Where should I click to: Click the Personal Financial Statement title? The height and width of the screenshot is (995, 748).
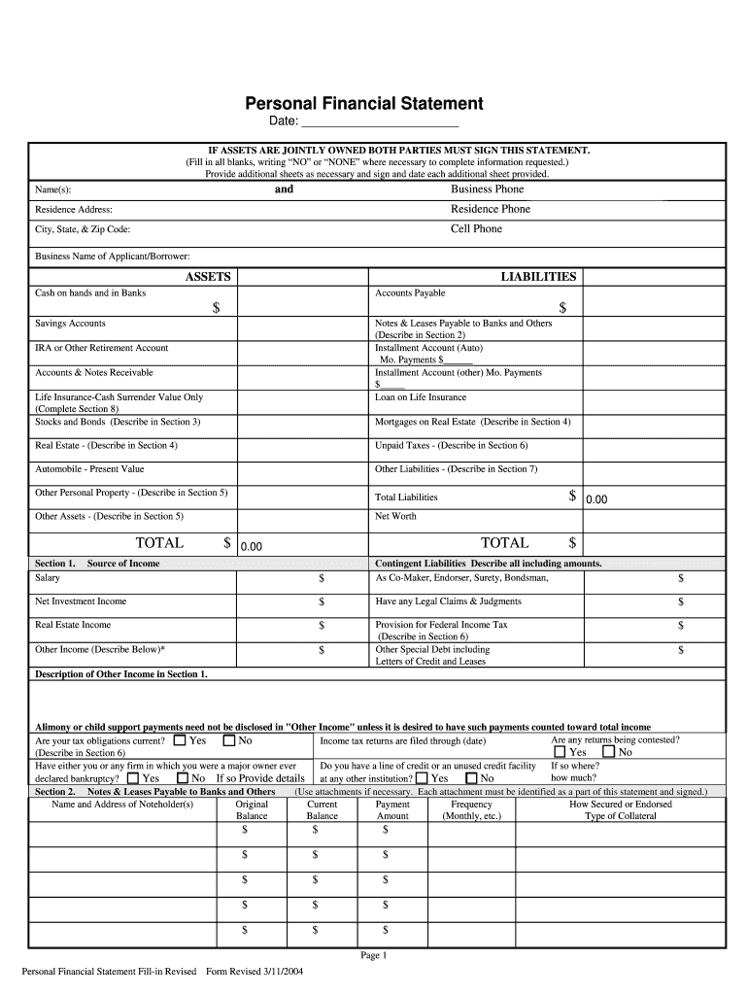362,103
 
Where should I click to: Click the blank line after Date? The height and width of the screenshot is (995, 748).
380,121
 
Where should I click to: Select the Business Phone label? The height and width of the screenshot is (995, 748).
487,189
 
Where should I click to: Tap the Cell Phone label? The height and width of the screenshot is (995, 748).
476,229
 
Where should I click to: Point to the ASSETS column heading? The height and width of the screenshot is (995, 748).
208,277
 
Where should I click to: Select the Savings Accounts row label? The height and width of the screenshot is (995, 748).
71,324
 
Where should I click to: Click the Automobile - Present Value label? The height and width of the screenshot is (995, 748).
89,469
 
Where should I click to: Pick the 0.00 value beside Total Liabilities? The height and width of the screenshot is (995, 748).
596,499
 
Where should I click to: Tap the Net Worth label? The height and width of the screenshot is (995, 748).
395,517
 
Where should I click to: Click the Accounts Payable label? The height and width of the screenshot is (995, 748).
410,293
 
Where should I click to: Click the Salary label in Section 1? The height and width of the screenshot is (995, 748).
48,578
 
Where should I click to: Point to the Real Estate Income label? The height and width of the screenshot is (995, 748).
73,625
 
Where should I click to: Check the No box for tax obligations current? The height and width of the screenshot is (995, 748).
229,740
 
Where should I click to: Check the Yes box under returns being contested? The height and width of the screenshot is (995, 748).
560,752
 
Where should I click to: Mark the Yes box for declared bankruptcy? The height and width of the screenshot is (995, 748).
133,778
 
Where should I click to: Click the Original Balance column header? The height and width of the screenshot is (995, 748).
253,810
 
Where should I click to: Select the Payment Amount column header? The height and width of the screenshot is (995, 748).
392,810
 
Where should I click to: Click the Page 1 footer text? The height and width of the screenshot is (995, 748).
374,956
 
